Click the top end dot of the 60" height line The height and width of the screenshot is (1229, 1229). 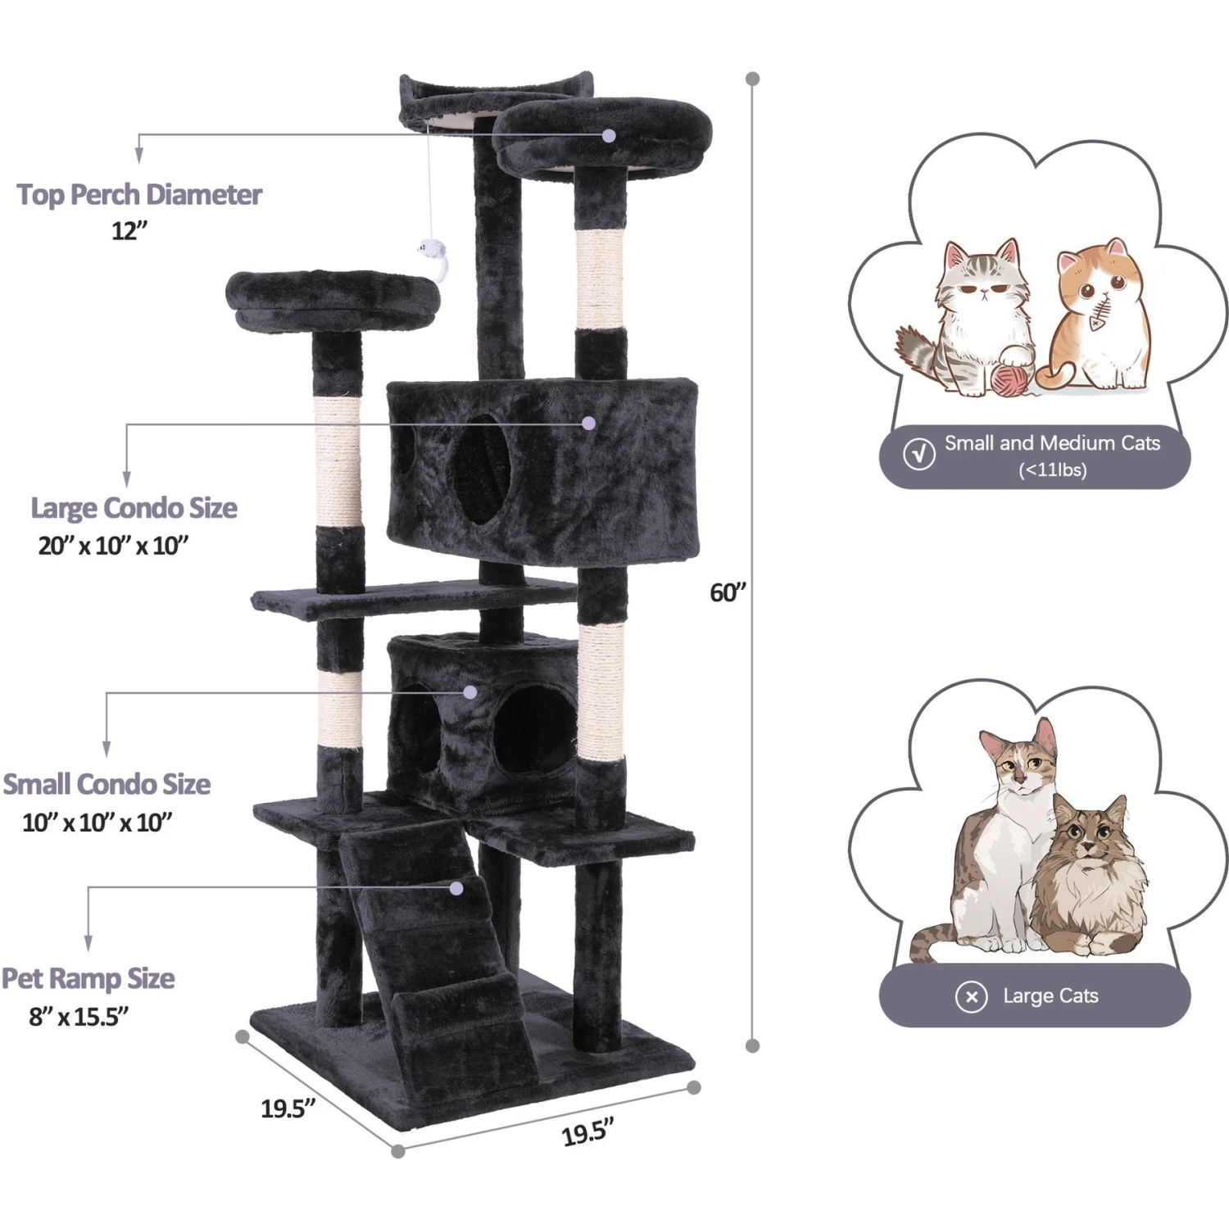[753, 79]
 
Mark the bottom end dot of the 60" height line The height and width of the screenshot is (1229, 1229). [753, 1045]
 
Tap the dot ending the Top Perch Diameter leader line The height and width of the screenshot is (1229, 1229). [609, 135]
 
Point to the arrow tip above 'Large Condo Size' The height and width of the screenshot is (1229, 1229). [126, 483]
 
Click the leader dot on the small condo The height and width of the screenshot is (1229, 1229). [470, 692]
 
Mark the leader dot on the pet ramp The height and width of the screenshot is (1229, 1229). [456, 888]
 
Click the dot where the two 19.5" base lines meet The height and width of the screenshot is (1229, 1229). [398, 1151]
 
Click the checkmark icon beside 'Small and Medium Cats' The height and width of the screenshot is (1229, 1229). [919, 454]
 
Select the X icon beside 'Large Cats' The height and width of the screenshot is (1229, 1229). [972, 996]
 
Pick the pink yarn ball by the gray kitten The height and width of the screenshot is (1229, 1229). [1009, 379]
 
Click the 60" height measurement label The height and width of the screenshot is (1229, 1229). [728, 592]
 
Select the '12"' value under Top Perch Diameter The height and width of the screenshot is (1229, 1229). [129, 231]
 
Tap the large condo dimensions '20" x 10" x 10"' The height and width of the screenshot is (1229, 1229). [114, 546]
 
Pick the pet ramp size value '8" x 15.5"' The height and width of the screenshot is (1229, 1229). [79, 1017]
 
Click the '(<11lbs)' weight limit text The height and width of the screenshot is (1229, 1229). [1053, 470]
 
